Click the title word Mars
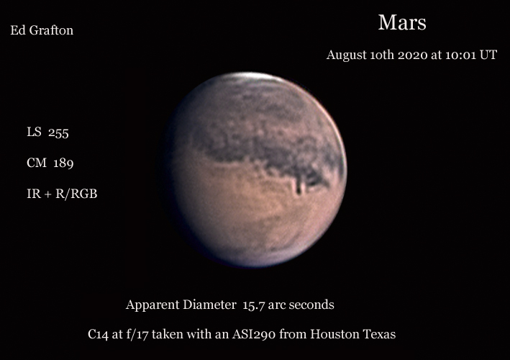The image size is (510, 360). (402, 22)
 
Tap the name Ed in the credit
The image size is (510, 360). (16, 30)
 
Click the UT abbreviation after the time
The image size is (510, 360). (488, 55)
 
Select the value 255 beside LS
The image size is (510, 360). (58, 132)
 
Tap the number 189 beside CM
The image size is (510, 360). (63, 163)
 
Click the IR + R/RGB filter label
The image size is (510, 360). (62, 194)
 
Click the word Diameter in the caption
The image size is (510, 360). (209, 305)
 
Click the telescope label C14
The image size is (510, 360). (98, 334)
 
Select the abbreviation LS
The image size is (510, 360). (34, 132)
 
